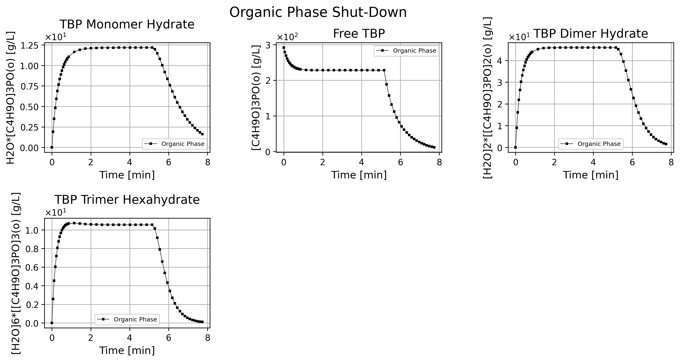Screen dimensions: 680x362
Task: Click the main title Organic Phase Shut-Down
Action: point(318,12)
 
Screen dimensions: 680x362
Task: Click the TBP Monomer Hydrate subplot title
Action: point(127,24)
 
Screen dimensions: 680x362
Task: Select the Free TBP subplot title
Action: point(359,34)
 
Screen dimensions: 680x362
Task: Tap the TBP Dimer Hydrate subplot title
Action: point(591,34)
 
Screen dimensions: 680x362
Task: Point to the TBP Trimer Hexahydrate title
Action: point(127,200)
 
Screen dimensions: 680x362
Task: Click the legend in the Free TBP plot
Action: point(406,51)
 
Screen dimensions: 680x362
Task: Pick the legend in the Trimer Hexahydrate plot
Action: point(127,319)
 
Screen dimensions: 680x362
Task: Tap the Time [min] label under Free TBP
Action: point(359,175)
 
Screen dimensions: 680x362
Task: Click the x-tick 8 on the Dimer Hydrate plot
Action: point(671,162)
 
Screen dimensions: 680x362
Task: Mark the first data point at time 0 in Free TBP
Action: point(284,48)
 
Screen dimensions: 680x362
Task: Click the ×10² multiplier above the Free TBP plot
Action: point(287,37)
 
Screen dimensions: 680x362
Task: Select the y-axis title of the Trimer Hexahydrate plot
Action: point(16,273)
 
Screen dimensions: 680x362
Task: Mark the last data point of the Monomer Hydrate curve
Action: point(203,134)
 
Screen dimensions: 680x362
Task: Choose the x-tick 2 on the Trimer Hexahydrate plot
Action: point(91,338)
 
